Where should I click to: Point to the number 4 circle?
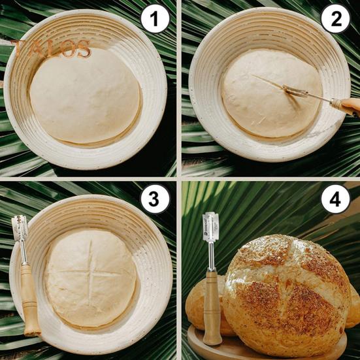coord(335,200)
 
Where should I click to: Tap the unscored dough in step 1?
coord(85,95)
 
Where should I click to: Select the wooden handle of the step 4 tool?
coord(212,307)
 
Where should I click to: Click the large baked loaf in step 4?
coord(287,294)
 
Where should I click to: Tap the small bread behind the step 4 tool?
coord(196,304)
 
